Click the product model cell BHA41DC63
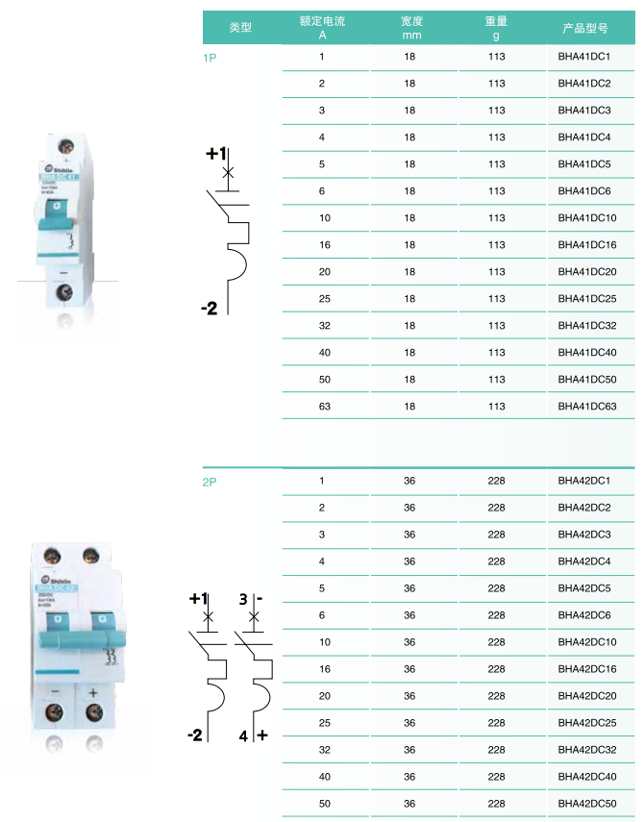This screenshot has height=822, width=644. point(587,407)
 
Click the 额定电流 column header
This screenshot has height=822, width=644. point(322,27)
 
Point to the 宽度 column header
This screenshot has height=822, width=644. point(411,27)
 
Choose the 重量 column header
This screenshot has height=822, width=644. point(496,27)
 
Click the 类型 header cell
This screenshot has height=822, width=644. point(240,28)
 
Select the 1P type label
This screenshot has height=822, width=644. point(210,59)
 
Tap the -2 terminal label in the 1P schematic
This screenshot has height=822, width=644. point(210,309)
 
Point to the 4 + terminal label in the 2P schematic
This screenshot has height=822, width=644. point(253,735)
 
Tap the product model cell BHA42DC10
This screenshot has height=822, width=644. point(587,642)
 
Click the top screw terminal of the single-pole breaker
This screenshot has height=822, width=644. point(66,147)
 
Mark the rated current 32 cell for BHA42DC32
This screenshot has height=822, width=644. point(322,750)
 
